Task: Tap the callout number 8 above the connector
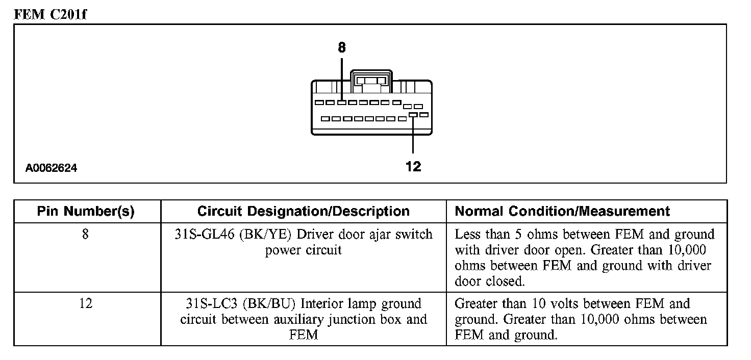click(341, 48)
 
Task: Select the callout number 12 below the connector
click(413, 166)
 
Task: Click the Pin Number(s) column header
click(86, 212)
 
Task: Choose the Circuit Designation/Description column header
click(303, 212)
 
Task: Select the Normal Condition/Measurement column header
click(562, 212)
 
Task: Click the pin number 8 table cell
click(86, 235)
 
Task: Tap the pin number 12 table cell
click(86, 304)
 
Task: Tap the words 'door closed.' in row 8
click(489, 281)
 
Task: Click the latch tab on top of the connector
click(371, 81)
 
